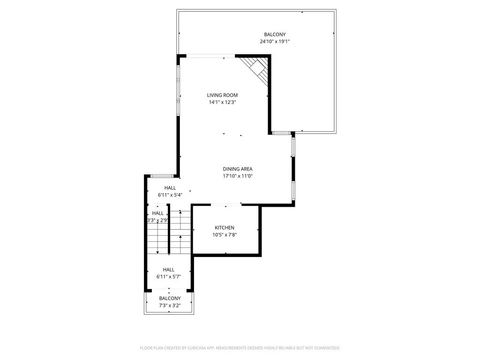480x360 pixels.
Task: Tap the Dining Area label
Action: tap(237, 168)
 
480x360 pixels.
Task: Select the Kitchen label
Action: tap(225, 227)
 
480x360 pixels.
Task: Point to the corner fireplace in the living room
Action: tap(259, 71)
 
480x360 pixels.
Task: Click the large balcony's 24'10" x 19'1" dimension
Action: tap(273, 42)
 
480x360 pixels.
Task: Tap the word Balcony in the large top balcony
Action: tap(274, 35)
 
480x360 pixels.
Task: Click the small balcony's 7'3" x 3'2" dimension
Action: tap(169, 305)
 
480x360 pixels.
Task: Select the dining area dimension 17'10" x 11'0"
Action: tap(237, 175)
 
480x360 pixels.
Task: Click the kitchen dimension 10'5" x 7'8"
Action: tap(225, 234)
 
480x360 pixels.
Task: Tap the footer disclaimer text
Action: tap(239, 347)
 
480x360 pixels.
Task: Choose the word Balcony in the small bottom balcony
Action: tap(169, 298)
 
